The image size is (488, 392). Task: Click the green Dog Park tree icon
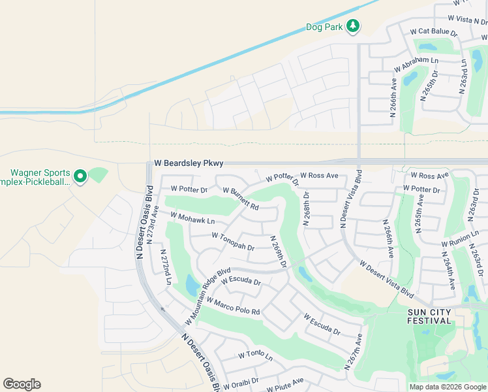click(353, 26)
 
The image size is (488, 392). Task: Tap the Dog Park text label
click(324, 27)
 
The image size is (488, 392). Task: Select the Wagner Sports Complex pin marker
click(80, 176)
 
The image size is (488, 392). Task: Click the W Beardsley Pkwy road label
click(189, 163)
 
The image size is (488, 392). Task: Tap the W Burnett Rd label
click(241, 199)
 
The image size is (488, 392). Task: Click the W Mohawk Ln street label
click(192, 218)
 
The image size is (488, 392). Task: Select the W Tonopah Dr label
click(232, 242)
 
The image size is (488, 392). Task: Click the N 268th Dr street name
click(306, 208)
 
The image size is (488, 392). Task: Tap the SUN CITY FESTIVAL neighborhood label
click(429, 316)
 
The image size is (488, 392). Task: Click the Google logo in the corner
click(22, 384)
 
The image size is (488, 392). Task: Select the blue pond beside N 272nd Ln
click(192, 285)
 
